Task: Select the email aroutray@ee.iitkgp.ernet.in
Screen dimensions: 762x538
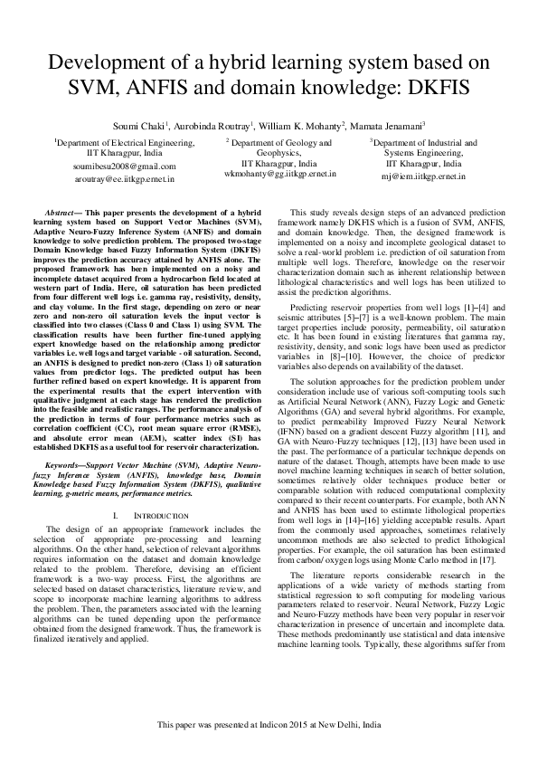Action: coord(124,179)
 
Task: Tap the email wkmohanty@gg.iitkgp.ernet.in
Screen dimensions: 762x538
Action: coord(280,172)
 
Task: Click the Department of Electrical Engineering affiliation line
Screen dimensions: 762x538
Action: coord(124,142)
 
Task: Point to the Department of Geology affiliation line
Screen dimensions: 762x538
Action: coord(280,143)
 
